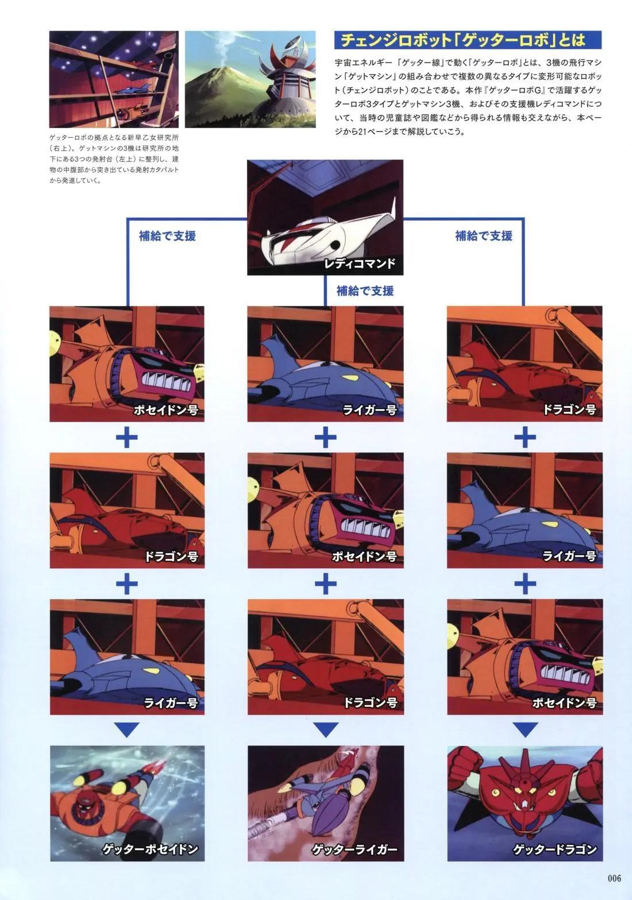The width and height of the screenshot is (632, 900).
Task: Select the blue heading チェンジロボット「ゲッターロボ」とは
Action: pyautogui.click(x=463, y=40)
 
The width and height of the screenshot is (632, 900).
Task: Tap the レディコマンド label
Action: pyautogui.click(x=359, y=264)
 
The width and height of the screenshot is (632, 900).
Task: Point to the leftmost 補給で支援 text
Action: pyautogui.click(x=167, y=235)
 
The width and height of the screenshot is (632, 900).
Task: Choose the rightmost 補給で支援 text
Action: pyautogui.click(x=483, y=235)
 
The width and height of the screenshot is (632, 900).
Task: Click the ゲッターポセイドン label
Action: pyautogui.click(x=150, y=849)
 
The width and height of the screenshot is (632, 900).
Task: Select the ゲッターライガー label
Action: pyautogui.click(x=354, y=849)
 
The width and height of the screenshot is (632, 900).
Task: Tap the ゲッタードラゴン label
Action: pyautogui.click(x=554, y=849)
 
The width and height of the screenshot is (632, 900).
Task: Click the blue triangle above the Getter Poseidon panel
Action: pyautogui.click(x=127, y=730)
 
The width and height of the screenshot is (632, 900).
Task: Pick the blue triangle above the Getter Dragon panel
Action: pyautogui.click(x=525, y=730)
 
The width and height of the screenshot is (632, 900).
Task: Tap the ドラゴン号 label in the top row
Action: pyautogui.click(x=569, y=410)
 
